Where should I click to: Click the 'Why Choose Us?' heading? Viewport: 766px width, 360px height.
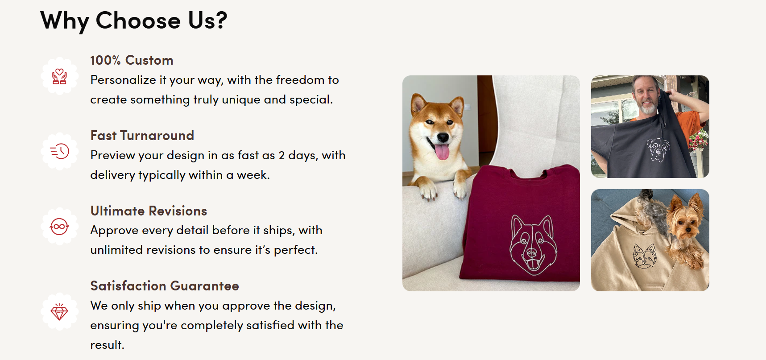coord(134,21)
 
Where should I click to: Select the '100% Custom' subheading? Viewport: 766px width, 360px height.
coord(132,60)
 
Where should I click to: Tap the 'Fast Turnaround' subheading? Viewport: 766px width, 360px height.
coord(142,136)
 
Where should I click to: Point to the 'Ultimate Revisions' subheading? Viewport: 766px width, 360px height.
coord(149,211)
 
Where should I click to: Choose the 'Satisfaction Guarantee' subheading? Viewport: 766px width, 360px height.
coord(165,286)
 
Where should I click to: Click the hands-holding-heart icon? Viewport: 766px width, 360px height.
coord(59,76)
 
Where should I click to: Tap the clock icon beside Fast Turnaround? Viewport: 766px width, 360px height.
coord(59,151)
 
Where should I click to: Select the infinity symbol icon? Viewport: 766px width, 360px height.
coord(59,227)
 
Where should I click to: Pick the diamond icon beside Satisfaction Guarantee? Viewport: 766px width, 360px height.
coord(59,311)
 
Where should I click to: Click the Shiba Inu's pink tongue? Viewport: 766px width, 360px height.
coord(442,152)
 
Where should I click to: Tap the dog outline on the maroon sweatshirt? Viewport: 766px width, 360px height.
coord(532,244)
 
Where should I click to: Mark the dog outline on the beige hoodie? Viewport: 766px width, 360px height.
coord(645,256)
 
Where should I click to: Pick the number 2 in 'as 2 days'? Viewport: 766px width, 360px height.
coord(282,155)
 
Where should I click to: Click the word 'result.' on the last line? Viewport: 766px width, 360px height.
coord(107,345)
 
